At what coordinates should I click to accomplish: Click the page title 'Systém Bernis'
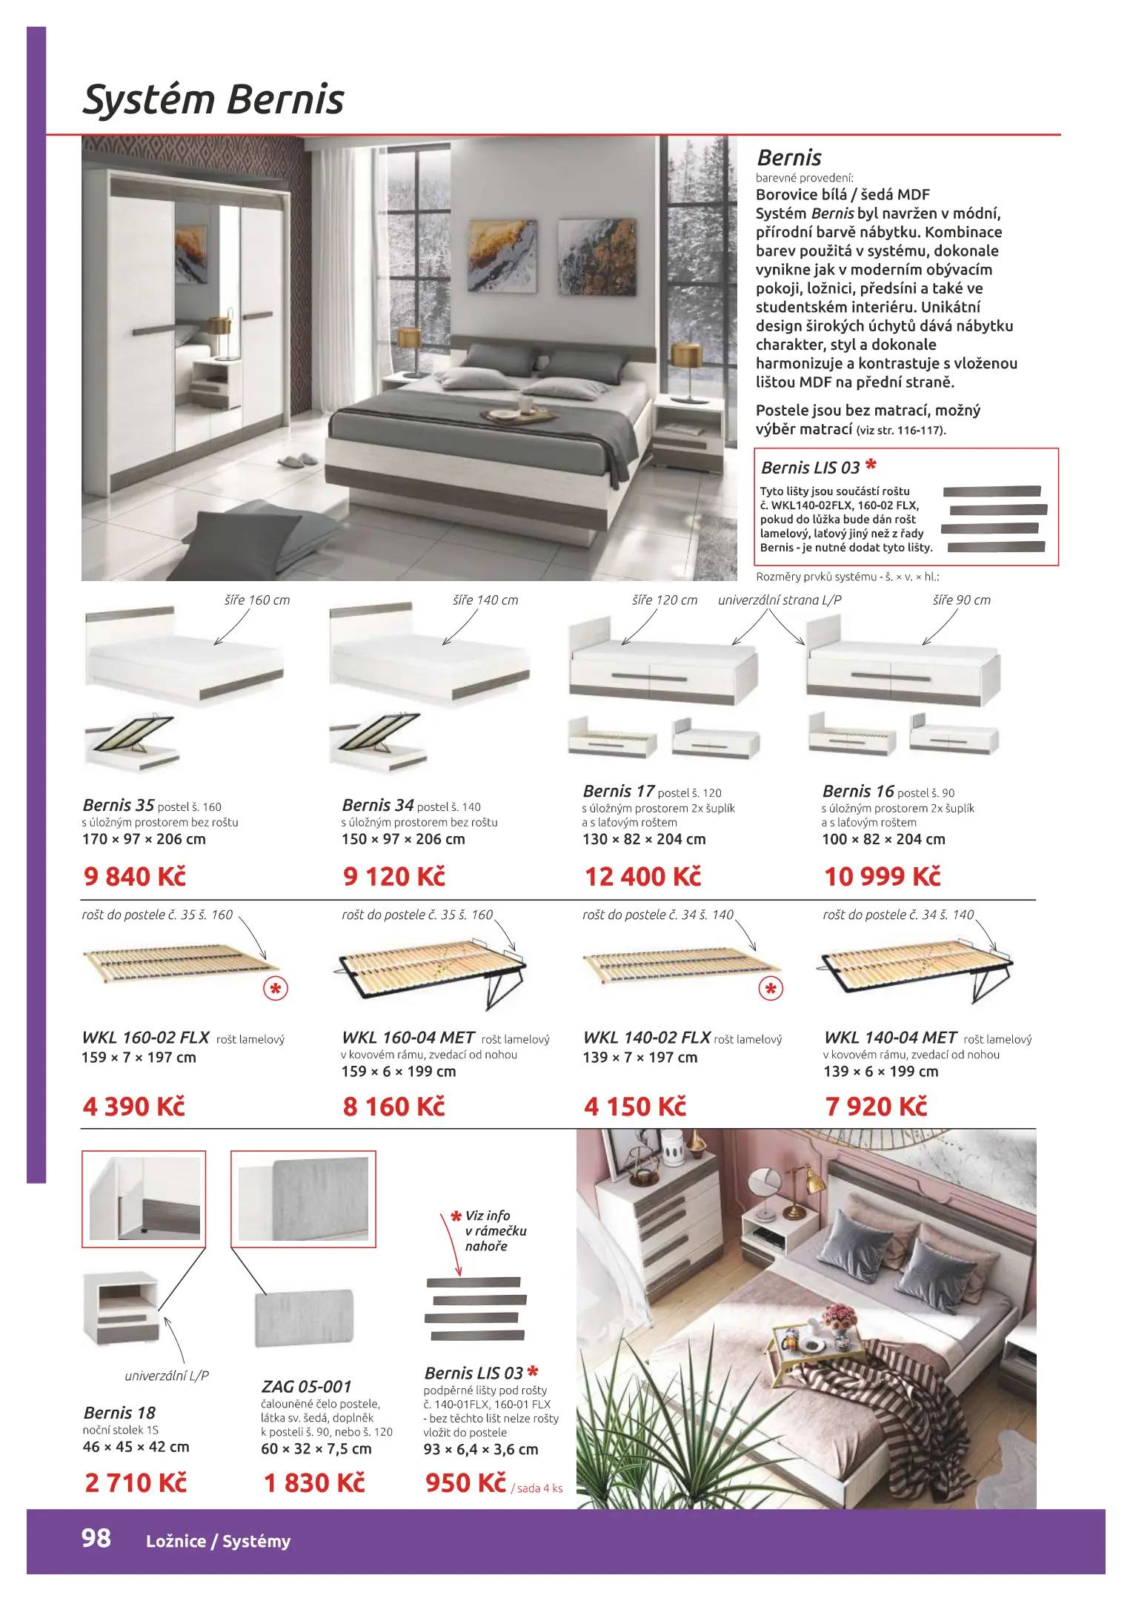tap(213, 100)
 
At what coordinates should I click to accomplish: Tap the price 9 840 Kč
tap(134, 876)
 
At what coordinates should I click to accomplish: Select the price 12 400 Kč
tap(642, 876)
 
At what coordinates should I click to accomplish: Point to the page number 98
tap(96, 1538)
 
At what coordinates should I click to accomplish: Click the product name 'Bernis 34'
tap(378, 805)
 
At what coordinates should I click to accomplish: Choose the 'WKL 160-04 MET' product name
tap(408, 1038)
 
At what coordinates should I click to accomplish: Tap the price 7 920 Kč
tap(876, 1107)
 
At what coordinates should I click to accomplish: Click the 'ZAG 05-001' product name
tap(306, 1386)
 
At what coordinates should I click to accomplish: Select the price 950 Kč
tap(465, 1482)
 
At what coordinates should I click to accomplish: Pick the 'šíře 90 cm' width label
tap(961, 600)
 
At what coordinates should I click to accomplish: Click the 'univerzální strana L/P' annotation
tap(780, 600)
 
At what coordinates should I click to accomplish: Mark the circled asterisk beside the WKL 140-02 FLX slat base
tap(771, 989)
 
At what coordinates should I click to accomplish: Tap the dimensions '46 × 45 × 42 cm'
tap(136, 1447)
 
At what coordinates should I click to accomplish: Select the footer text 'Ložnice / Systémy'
tap(219, 1541)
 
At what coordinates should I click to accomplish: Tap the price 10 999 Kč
tap(883, 876)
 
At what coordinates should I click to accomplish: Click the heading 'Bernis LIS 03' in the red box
tap(810, 468)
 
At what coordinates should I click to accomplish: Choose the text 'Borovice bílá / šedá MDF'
tap(843, 195)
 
